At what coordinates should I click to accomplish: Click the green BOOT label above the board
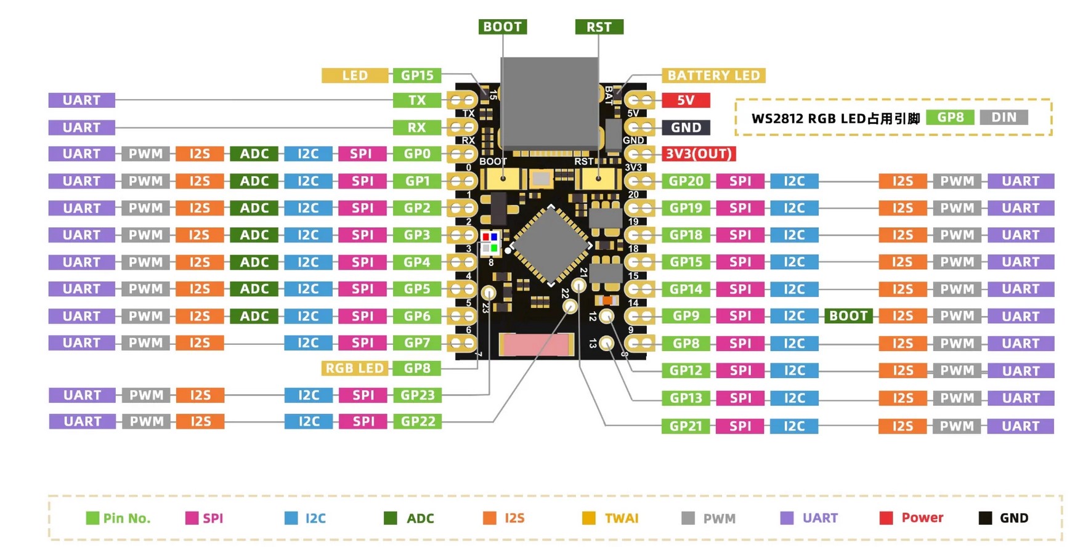tap(502, 26)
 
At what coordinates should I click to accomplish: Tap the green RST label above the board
tap(599, 27)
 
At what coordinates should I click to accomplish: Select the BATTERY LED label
tap(713, 75)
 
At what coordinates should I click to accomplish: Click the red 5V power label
tap(686, 100)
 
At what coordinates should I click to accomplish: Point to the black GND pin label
tap(686, 127)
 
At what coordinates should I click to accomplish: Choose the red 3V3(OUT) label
tap(699, 154)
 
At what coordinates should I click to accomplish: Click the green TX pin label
tap(417, 100)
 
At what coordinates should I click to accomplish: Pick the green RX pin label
tap(417, 127)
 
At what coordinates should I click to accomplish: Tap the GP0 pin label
tap(417, 154)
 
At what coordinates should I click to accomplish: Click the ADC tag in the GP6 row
tap(254, 316)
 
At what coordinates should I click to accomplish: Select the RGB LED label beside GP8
tap(355, 368)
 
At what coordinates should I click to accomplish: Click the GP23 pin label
tap(417, 395)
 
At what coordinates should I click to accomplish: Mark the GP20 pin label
tap(686, 181)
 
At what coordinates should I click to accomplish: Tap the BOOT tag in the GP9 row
tap(848, 316)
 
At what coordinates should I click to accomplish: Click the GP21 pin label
tap(686, 426)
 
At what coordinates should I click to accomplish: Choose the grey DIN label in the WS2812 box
tap(1004, 118)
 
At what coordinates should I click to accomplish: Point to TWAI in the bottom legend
tap(621, 518)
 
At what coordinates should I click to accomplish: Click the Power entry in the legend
tap(922, 518)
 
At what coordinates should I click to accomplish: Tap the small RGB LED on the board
tap(490, 243)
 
